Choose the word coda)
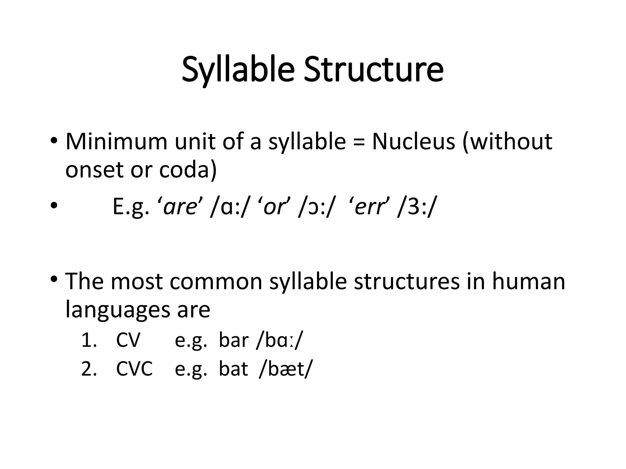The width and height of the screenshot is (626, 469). click(x=188, y=170)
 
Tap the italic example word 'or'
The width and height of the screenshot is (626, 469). click(x=274, y=207)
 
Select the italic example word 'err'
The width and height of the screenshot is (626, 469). click(x=369, y=207)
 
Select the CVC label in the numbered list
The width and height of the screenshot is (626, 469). click(x=134, y=369)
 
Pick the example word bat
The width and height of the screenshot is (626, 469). click(x=233, y=369)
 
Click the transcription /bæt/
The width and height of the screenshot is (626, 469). click(x=285, y=369)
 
